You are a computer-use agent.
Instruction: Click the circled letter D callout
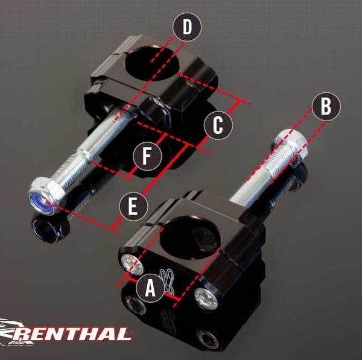[x=187, y=27]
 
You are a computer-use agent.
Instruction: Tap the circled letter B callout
[x=326, y=106]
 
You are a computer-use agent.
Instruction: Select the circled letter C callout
[x=218, y=125]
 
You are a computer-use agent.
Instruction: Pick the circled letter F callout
[x=147, y=156]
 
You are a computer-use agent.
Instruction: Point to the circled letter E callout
[x=133, y=206]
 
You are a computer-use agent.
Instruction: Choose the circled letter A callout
[x=150, y=288]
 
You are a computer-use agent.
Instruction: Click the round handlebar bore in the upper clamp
[x=153, y=63]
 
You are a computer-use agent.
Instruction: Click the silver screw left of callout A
[x=133, y=265]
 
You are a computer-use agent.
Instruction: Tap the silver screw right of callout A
[x=206, y=299]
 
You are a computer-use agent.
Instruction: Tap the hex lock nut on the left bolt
[x=46, y=195]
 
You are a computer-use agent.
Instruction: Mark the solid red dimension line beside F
[x=147, y=156]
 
